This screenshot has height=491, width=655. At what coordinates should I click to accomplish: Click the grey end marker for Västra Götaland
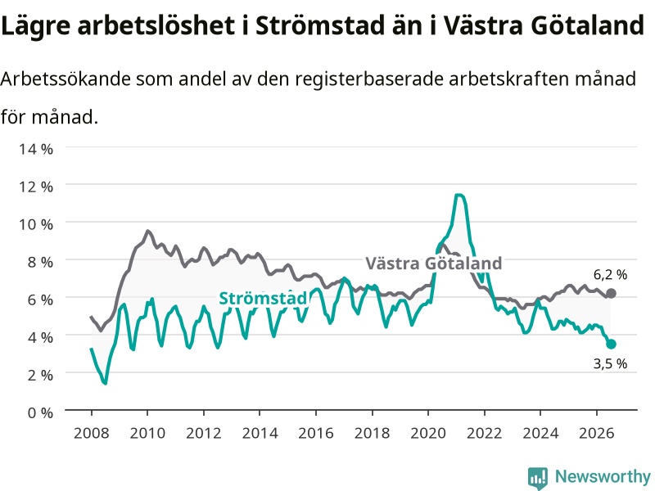point(611,293)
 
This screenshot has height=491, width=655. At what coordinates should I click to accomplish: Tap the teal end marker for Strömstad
point(611,344)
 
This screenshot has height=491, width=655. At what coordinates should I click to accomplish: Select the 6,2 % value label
point(610,275)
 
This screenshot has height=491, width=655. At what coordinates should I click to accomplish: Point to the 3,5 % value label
point(610,363)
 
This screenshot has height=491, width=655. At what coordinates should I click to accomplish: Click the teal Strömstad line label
point(263,298)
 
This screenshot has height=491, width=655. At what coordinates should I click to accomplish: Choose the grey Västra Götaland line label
point(434,264)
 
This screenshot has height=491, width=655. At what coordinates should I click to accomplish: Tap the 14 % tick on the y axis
point(36,149)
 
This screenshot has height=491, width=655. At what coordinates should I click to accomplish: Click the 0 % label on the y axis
point(40,412)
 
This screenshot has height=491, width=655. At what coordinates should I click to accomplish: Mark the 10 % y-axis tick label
point(36,224)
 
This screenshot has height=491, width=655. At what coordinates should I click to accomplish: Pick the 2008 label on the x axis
point(91,433)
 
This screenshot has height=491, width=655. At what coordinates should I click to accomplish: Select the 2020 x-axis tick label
point(428,433)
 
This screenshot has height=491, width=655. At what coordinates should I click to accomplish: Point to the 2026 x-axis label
point(597,433)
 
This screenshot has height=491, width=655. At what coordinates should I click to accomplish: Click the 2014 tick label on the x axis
point(260,433)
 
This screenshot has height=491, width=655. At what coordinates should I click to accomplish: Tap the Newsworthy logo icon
point(538,477)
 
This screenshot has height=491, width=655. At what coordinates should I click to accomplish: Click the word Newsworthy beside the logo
point(603,476)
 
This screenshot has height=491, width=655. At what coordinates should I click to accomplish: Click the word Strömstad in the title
point(320,25)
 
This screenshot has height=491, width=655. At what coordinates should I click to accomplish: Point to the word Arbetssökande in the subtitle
point(65,79)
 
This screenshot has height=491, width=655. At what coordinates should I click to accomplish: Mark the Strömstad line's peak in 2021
point(458,195)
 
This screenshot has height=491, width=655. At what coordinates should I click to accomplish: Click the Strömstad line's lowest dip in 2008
point(106,383)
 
